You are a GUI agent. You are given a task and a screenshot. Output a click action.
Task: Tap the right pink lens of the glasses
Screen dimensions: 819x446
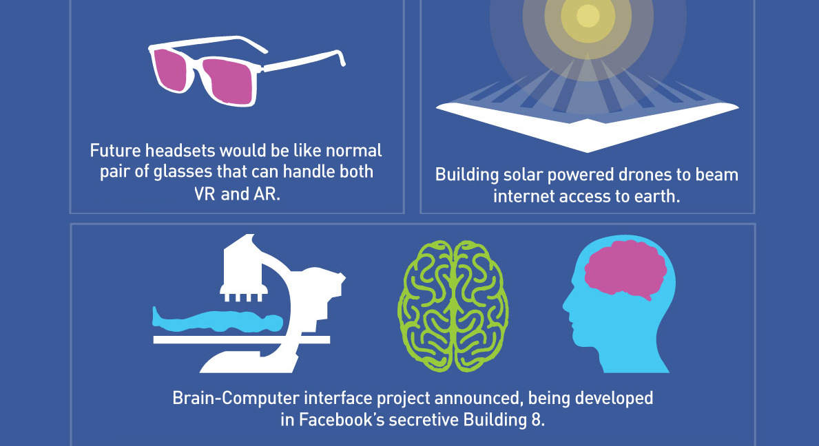[228, 81]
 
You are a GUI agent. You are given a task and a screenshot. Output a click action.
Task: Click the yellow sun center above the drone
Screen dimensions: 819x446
[588, 16]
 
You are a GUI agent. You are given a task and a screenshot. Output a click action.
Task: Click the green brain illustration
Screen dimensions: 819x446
[453, 306]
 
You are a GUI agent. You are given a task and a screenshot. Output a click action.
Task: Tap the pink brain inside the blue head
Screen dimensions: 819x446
[625, 269]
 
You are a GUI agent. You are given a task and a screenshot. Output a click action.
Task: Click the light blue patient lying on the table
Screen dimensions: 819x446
[217, 319]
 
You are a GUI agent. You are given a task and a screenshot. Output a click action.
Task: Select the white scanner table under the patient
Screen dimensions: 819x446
[241, 339]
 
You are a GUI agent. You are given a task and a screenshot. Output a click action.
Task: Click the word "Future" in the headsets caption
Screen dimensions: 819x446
[116, 151]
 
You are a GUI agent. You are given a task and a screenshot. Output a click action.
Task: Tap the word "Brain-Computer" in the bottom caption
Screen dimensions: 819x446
[236, 399]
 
